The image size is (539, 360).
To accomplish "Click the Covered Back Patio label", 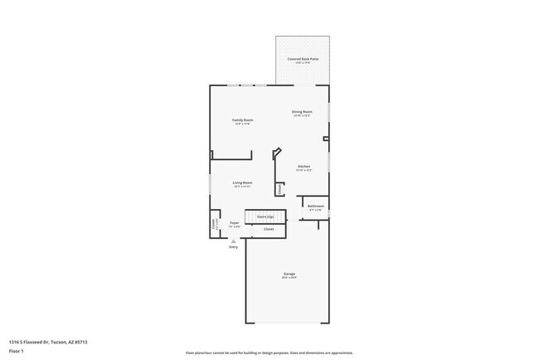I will [303, 59].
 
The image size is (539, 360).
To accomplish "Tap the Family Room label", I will [242, 120].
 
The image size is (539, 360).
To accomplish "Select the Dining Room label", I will [302, 111].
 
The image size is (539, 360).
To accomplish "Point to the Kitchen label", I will [303, 167].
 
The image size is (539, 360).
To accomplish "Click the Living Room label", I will [242, 182].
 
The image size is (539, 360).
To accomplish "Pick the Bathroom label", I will [315, 206].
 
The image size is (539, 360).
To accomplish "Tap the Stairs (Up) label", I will [265, 216].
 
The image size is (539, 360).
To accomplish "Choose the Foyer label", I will [235, 222].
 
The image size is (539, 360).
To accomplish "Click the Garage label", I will [289, 274].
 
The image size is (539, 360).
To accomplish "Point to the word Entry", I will [234, 247].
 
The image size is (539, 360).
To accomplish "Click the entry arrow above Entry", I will [234, 241].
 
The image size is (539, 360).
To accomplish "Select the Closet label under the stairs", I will [269, 229].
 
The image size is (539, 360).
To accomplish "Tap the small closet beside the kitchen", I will [280, 189].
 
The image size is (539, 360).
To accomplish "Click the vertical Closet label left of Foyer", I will [214, 223].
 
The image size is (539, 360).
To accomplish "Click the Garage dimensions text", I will [289, 278].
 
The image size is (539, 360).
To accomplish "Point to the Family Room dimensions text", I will [242, 124].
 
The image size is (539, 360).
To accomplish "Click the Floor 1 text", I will [16, 352].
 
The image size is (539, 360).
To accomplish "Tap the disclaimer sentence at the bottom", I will [269, 353].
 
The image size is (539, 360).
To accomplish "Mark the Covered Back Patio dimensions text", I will [303, 63].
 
